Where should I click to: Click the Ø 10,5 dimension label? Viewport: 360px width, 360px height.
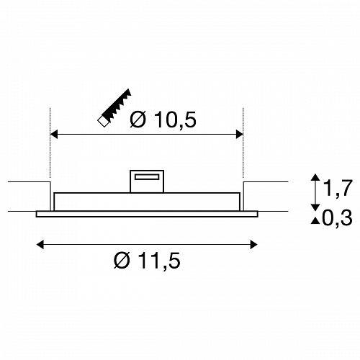(163, 120)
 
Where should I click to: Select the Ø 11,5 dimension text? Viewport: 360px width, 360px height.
(147, 261)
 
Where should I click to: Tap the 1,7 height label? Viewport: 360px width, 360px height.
(338, 188)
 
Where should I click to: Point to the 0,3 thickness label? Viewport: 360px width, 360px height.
(337, 218)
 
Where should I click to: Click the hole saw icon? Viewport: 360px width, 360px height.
(114, 108)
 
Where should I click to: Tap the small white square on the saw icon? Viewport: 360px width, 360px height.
(103, 121)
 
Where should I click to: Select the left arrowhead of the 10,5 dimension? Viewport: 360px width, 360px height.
(54, 135)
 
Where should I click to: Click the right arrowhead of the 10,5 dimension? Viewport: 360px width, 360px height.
(239, 135)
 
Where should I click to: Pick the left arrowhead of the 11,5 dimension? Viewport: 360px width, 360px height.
(40, 245)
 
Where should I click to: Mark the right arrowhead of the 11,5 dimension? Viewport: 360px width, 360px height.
(253, 245)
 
